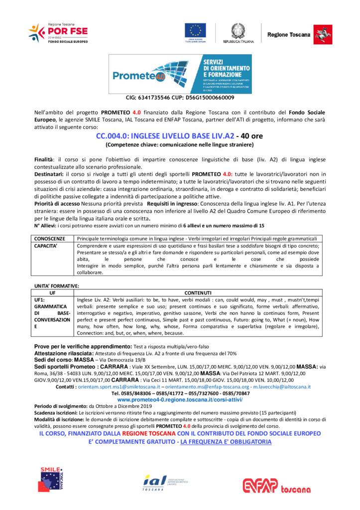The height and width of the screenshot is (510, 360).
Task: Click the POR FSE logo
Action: click(x=58, y=33)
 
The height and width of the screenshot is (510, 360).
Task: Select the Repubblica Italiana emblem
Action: click(x=238, y=32)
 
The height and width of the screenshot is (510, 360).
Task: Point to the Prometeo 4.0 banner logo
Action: click(x=180, y=74)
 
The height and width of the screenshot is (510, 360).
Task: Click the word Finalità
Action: click(x=44, y=159)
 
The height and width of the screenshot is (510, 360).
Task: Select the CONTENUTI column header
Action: click(x=198, y=292)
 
